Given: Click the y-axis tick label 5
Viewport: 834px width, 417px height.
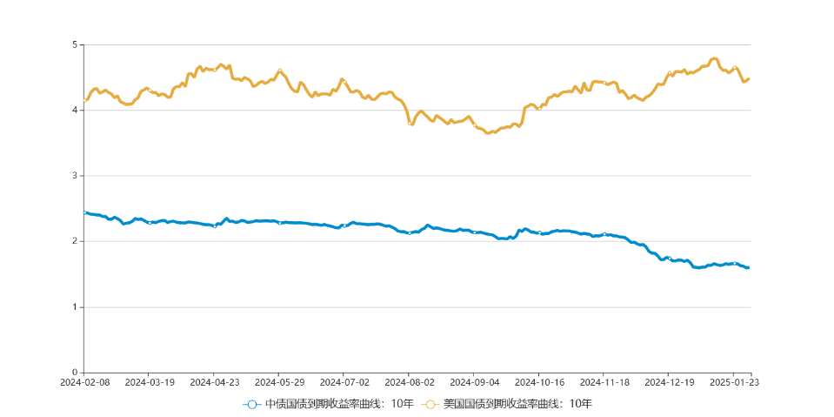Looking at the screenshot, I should point(74,44).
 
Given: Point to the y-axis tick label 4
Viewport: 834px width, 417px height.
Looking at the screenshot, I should point(74,110).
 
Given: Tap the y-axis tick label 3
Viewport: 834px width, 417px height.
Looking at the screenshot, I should point(74,176).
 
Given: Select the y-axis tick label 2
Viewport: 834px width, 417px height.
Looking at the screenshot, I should point(74,241).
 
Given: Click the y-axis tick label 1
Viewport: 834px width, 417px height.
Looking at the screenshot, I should point(74,307).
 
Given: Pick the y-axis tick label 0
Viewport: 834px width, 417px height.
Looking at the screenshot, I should point(74,373).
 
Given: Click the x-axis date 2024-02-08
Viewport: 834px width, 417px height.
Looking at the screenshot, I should point(84,381).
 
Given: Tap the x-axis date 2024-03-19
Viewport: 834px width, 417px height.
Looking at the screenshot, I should point(150,381).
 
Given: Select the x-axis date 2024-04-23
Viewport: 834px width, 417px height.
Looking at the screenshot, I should point(215,381).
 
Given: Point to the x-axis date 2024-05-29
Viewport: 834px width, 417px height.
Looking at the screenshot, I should point(279,381).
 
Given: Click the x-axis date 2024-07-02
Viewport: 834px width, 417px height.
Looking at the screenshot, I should point(344,381).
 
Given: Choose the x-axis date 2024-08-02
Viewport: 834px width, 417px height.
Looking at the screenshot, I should point(410,381).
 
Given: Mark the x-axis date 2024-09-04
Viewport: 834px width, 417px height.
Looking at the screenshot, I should point(475,381).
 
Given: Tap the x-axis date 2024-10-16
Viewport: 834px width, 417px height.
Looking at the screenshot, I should point(539,381).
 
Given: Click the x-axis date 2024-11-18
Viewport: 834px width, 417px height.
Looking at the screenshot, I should point(604,381).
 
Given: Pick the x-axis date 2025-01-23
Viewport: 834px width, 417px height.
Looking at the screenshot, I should point(734,381).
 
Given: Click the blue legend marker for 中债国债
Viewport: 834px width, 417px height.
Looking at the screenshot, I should point(251,404).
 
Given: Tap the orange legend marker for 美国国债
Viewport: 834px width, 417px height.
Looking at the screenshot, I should point(430,404).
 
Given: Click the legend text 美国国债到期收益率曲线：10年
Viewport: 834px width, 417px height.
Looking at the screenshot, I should point(517,404).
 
